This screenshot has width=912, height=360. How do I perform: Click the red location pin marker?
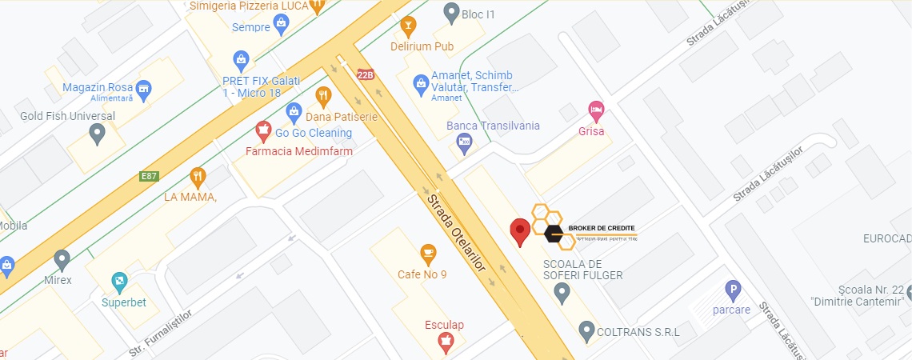click(520, 231)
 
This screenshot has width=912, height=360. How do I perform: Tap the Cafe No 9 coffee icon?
click(428, 254)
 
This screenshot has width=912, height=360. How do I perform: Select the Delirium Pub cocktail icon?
click(408, 26)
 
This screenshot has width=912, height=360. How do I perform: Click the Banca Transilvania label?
click(493, 126)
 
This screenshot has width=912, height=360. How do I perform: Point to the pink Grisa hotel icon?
click(595, 110)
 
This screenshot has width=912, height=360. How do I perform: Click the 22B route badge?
click(366, 75)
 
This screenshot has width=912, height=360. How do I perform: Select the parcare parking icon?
click(732, 290)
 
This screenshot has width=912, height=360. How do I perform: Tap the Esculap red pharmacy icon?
click(445, 344)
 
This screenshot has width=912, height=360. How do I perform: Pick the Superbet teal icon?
click(119, 282)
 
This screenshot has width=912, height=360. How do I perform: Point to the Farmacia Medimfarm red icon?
click(263, 129)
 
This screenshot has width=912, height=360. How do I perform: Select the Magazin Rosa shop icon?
click(144, 88)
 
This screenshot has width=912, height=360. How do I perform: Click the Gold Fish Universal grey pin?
click(98, 134)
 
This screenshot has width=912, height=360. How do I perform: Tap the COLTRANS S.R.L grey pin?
click(586, 330)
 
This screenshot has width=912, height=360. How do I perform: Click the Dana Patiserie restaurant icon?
click(323, 97)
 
